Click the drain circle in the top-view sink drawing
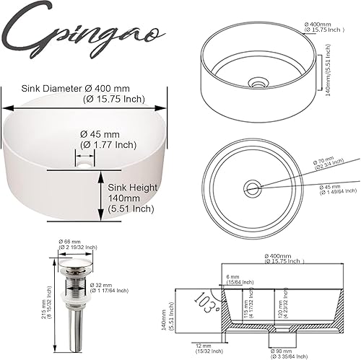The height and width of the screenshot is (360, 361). click(252, 188)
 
